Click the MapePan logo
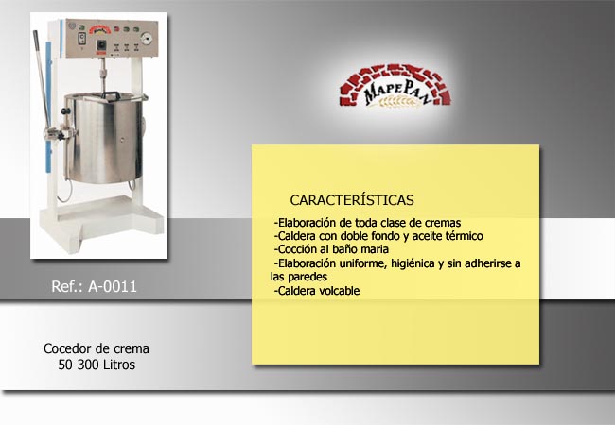(x=395, y=86)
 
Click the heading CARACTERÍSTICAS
(x=352, y=200)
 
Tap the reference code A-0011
(x=113, y=286)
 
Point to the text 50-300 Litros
(x=97, y=365)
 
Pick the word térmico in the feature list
(x=464, y=236)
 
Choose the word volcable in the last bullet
(x=340, y=291)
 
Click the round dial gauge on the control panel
(x=147, y=38)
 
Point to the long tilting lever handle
(x=42, y=81)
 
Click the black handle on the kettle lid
(x=112, y=95)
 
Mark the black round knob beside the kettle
(x=64, y=112)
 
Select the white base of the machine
(x=101, y=223)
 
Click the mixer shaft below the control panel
(x=103, y=76)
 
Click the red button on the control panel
(x=116, y=29)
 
